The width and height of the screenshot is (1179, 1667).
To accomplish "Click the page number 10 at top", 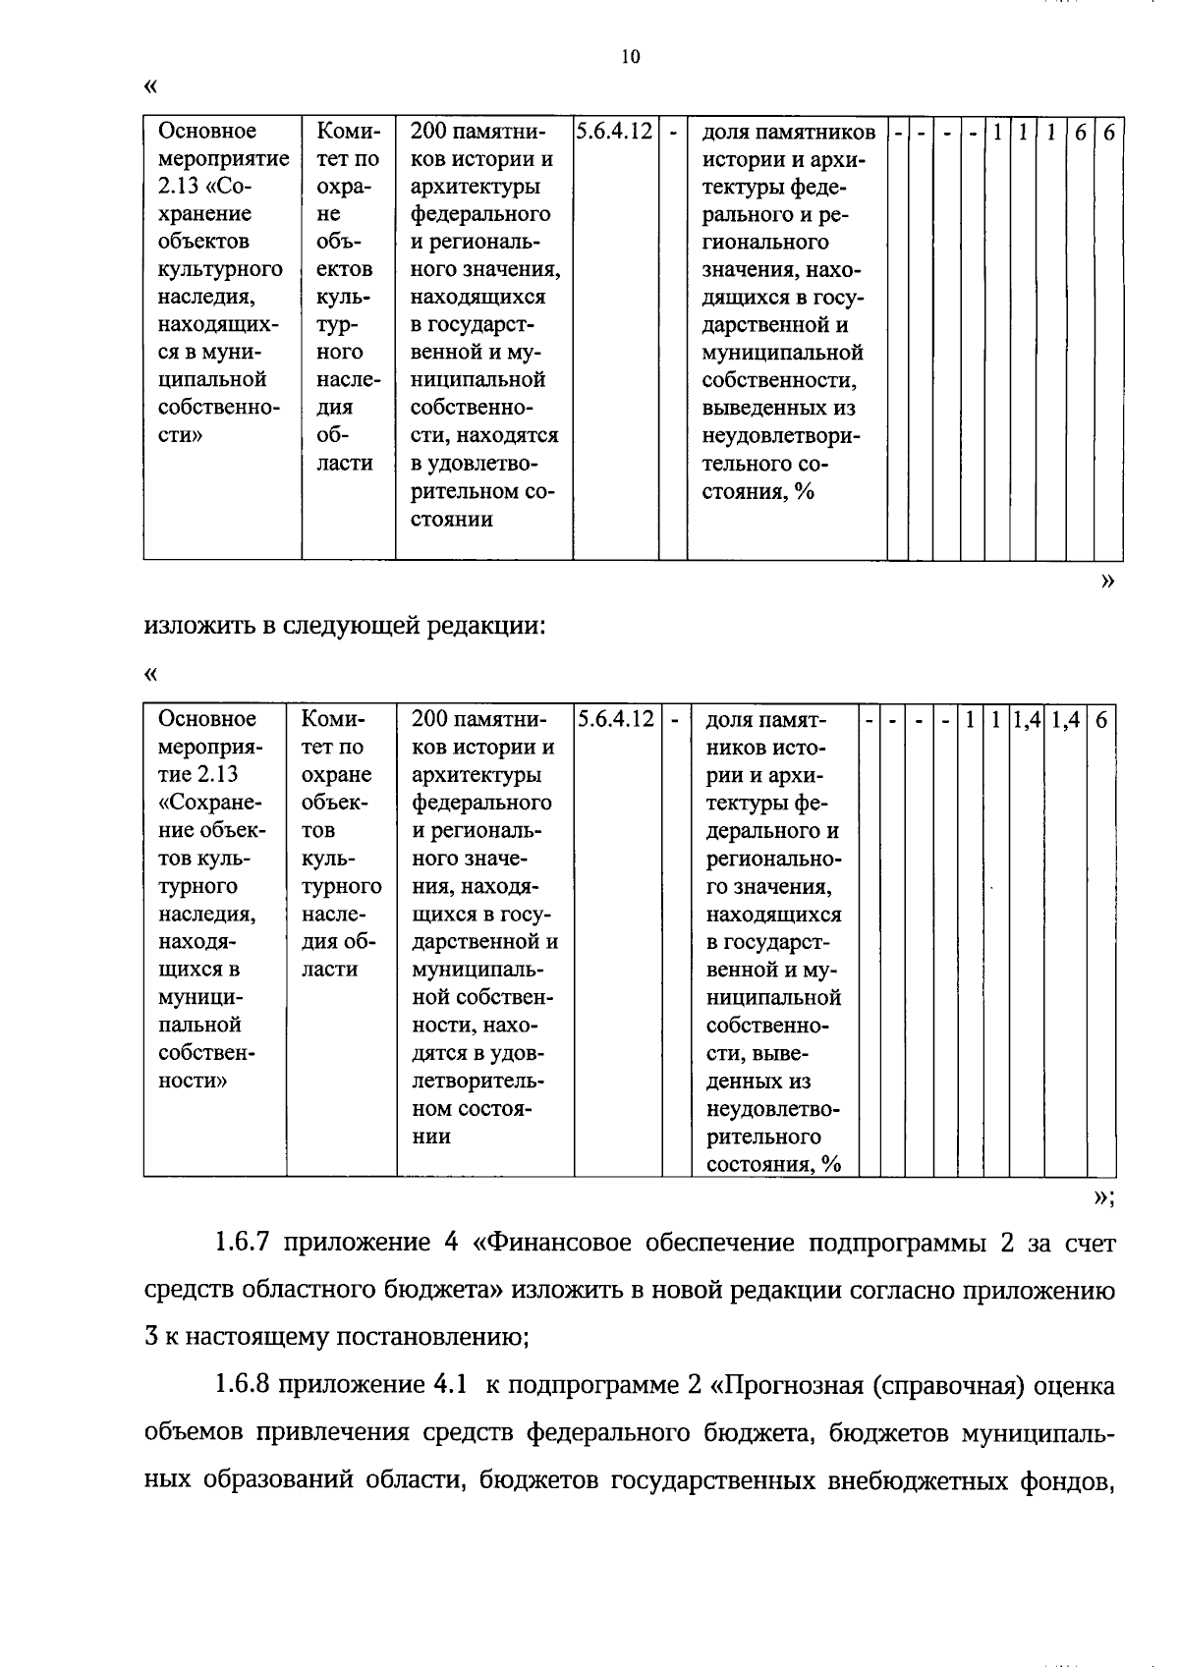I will click(x=631, y=57).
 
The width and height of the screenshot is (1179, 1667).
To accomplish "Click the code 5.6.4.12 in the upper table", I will click(x=614, y=131).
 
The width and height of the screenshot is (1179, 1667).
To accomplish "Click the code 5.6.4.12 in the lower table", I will click(x=616, y=719).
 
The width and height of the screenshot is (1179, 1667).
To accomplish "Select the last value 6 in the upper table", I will click(x=1108, y=132).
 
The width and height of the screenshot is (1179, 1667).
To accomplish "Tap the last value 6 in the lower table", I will click(x=1101, y=720).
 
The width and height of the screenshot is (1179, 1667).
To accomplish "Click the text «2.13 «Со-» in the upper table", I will click(x=204, y=187).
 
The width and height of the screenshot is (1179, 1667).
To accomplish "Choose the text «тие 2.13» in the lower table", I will click(x=197, y=775).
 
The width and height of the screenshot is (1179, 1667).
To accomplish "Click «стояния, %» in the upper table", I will click(x=758, y=491).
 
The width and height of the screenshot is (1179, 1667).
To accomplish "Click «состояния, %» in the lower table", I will click(x=774, y=1165).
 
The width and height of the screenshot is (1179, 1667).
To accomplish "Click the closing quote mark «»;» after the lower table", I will click(x=1103, y=1196).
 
